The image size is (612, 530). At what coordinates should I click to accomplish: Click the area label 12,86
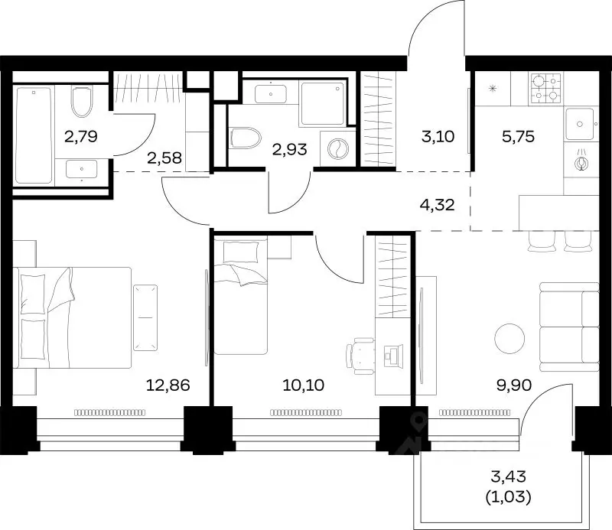(168, 385)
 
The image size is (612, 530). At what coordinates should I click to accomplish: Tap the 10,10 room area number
(303, 385)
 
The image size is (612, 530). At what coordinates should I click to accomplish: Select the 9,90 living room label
(514, 385)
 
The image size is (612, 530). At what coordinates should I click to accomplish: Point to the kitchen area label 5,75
(518, 137)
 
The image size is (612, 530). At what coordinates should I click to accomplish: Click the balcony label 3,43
(509, 476)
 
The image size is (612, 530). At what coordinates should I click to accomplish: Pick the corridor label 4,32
(437, 204)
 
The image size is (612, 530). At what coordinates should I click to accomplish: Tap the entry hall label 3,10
(438, 137)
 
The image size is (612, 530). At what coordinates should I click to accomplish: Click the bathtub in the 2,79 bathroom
(33, 135)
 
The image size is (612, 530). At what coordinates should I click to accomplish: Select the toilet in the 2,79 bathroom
(82, 102)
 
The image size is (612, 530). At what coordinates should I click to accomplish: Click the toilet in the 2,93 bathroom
(246, 138)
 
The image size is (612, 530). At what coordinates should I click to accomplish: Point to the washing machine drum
(337, 149)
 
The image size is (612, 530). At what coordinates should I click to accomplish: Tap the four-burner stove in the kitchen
(546, 89)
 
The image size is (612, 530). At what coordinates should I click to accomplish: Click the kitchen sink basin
(580, 124)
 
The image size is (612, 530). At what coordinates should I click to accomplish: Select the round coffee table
(509, 338)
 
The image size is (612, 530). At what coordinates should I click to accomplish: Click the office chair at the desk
(360, 356)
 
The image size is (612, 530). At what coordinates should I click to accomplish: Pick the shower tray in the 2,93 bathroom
(322, 102)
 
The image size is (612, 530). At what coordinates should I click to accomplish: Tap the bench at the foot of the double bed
(145, 317)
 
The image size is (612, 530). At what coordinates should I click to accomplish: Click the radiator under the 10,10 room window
(306, 412)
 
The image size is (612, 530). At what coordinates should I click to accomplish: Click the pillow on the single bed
(240, 252)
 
